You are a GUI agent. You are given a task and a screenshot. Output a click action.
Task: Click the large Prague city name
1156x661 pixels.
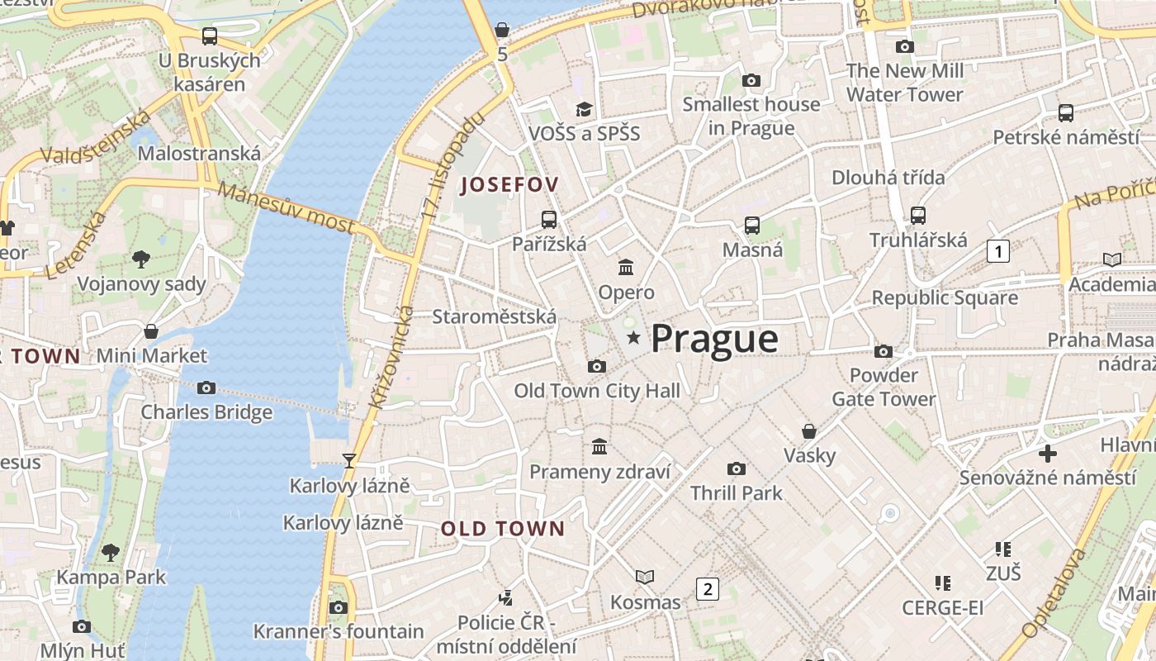714,339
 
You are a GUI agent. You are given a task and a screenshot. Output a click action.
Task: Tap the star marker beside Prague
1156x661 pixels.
633,337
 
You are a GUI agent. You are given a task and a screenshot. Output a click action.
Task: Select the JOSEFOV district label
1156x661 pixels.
509,184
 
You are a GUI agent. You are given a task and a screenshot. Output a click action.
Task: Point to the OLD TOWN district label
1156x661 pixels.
503,529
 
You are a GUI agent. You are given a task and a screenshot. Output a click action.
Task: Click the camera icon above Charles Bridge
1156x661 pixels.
206,388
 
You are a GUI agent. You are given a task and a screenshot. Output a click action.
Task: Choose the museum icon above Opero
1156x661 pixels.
626,267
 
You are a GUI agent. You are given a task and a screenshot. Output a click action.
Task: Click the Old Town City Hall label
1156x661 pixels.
597,390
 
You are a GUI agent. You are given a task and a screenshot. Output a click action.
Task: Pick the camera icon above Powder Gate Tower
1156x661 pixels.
884,351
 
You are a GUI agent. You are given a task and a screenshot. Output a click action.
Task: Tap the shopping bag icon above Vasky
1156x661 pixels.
809,431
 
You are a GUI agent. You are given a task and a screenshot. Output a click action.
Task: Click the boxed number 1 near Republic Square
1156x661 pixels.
998,250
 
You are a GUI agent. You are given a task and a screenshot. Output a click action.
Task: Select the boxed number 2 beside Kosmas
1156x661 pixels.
707,589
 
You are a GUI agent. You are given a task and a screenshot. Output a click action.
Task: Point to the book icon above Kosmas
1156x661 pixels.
645,577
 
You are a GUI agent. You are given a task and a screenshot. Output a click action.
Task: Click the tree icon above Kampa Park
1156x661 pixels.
111,552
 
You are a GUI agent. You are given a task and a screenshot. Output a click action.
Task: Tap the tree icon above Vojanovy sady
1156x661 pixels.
141,259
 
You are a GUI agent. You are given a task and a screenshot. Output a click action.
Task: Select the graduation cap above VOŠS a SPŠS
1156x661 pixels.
585,109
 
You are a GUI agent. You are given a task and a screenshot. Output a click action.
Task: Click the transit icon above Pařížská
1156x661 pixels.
549,219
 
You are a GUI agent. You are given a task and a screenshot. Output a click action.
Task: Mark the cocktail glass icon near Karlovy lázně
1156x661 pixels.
349,460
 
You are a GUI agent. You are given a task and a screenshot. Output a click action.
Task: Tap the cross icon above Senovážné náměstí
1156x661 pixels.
1047,453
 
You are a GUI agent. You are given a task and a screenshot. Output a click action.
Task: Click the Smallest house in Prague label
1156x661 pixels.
751,116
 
